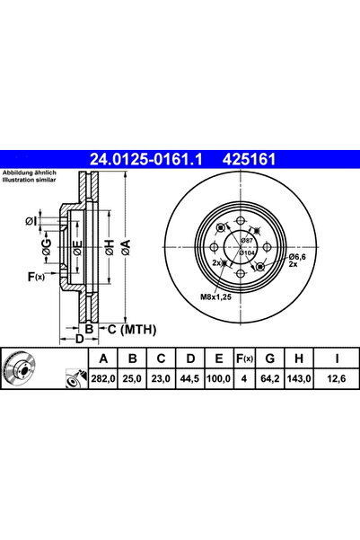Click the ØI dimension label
pyautogui.click(x=32, y=221)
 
